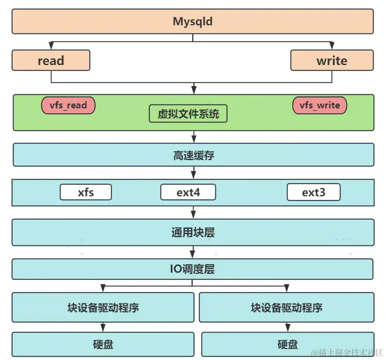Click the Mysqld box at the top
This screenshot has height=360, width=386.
point(193,22)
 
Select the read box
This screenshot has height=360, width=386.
point(51,60)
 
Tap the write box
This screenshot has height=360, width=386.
point(331,60)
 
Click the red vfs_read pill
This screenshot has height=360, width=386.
point(68,105)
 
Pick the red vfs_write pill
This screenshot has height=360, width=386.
point(320,105)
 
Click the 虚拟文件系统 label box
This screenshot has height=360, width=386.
point(188,113)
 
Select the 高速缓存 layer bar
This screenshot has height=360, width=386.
point(193,155)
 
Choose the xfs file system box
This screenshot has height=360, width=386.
point(86,193)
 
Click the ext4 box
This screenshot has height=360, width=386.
point(188,193)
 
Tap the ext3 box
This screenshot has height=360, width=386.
point(313,193)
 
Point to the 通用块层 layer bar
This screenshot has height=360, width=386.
point(193,232)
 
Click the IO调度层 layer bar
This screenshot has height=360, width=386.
point(193,269)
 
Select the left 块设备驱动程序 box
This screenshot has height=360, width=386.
point(103,307)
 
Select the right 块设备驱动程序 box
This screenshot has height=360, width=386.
point(287,307)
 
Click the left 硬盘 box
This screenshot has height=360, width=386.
point(103,344)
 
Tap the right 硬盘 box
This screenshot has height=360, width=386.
point(287,344)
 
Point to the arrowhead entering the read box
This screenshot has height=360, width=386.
point(51,46)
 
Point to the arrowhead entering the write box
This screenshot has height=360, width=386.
point(331,46)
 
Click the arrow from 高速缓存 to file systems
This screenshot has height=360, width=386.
point(193,173)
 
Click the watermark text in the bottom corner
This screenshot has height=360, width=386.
point(346,352)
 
